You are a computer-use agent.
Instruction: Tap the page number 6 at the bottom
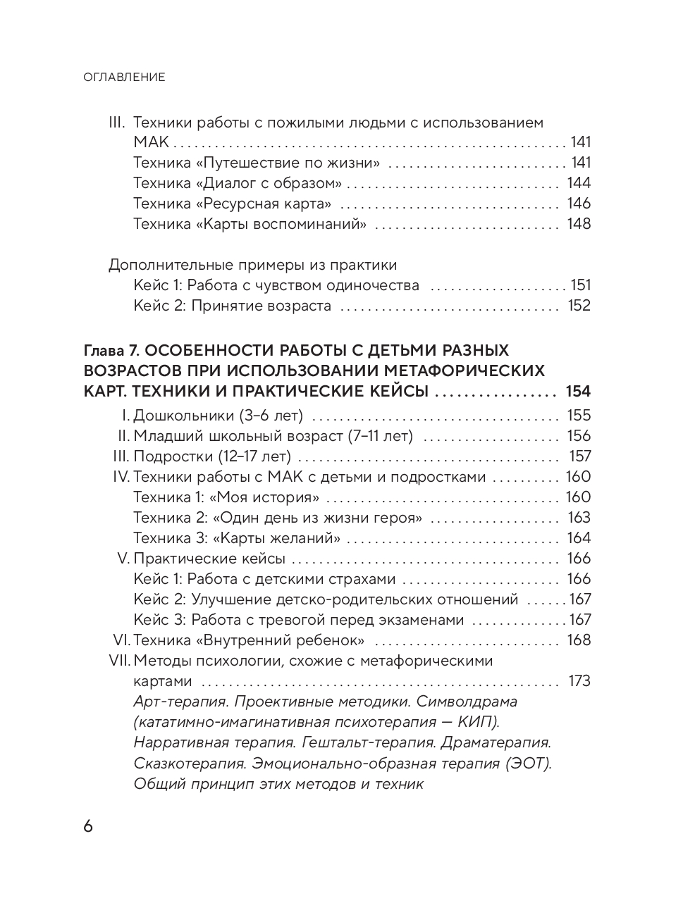(x=88, y=826)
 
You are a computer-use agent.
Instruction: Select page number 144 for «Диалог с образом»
(x=579, y=184)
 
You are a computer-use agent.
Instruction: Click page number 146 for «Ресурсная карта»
(x=579, y=204)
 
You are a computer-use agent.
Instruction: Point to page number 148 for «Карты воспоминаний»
(x=579, y=225)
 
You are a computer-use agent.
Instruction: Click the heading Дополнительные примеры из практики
(x=252, y=266)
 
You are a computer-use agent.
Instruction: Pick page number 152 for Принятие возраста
(x=579, y=306)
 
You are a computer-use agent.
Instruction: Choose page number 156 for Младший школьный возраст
(x=579, y=436)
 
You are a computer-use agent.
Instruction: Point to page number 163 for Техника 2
(x=579, y=518)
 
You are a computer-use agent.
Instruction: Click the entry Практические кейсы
(x=209, y=559)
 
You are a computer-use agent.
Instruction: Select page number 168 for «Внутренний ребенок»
(x=579, y=640)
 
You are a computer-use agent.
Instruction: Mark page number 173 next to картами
(x=579, y=681)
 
